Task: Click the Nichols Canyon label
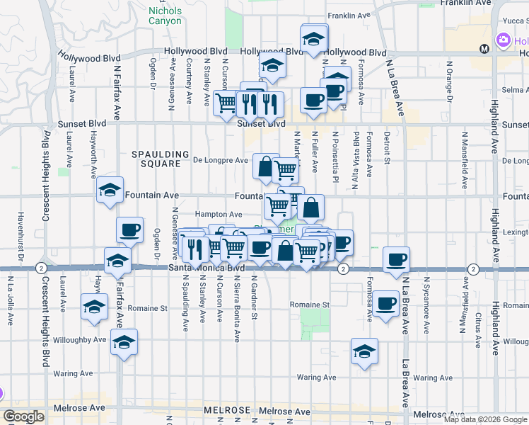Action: [165, 16]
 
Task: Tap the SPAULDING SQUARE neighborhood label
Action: [161, 159]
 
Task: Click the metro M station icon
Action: [484, 49]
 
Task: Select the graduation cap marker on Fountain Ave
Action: [110, 190]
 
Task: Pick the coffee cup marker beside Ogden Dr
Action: [129, 230]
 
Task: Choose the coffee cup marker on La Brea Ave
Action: [397, 259]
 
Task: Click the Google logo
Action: [23, 416]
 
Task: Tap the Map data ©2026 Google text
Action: [485, 419]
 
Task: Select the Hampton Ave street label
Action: [219, 214]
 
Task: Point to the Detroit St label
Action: [387, 147]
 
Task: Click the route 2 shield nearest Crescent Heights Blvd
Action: [43, 268]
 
